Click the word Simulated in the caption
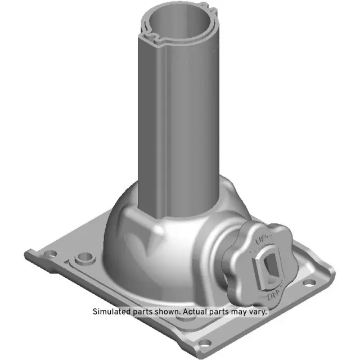tap(111, 311)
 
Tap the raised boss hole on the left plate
tap(85, 258)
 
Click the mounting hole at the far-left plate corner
tap(48, 253)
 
